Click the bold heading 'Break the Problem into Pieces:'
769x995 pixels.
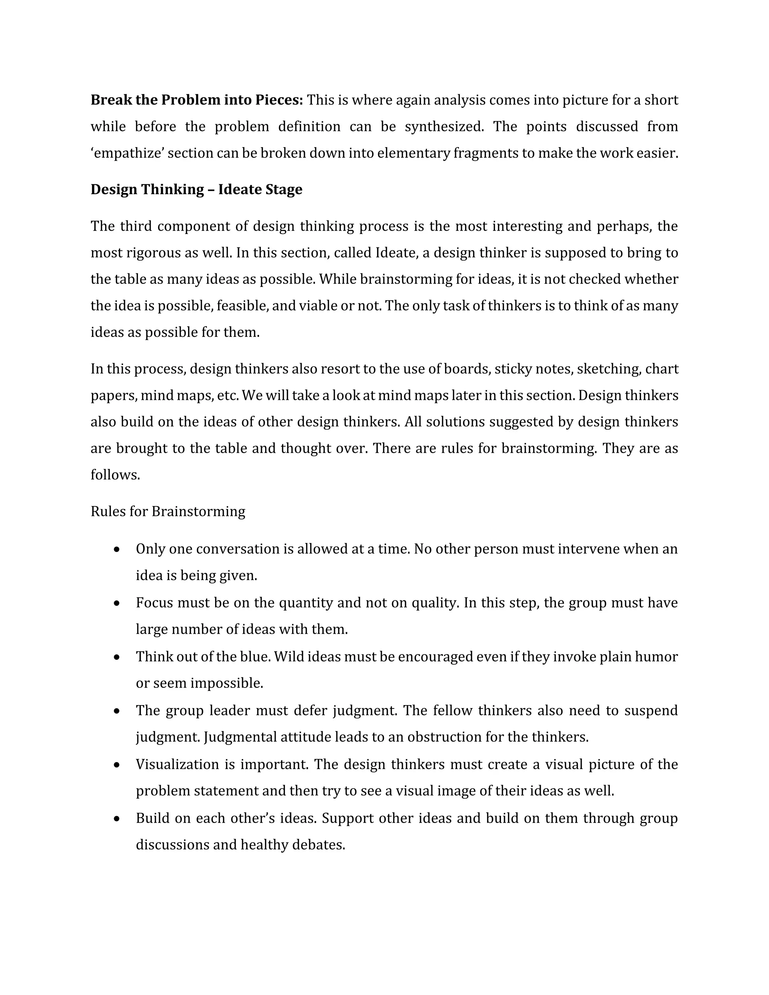[x=196, y=100]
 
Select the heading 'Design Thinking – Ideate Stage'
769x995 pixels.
[x=196, y=189]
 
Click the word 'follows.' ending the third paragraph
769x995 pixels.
[x=115, y=475]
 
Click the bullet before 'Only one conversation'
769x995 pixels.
[x=117, y=549]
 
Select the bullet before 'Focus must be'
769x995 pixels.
[x=117, y=603]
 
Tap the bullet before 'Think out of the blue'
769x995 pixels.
[x=117, y=657]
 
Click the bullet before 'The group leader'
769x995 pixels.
[x=117, y=711]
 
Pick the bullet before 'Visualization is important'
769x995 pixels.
[x=117, y=764]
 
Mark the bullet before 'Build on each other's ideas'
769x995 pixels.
[x=117, y=819]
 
